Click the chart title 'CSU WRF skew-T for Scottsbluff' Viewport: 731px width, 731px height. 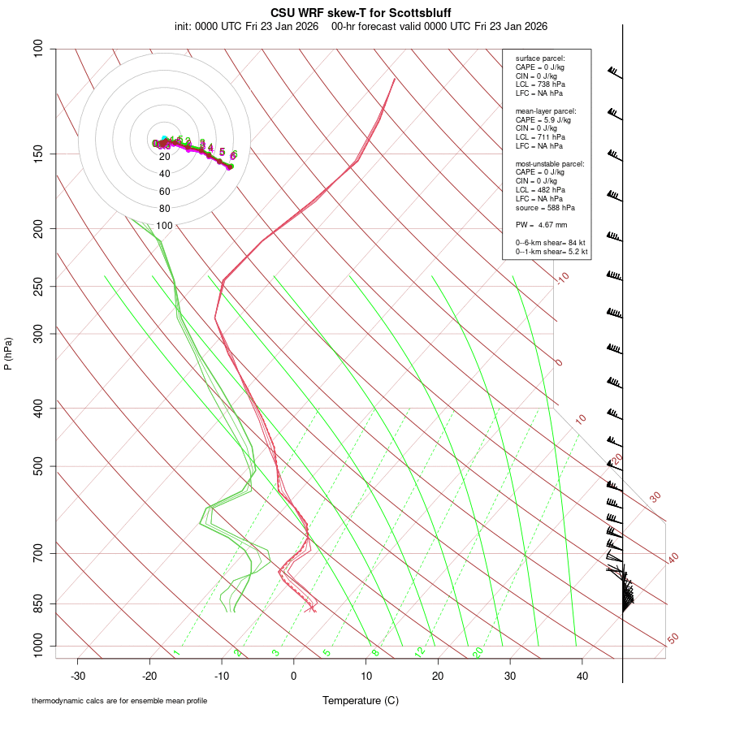[361, 13]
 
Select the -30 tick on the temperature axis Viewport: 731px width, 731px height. [78, 676]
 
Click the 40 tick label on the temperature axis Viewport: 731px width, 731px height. [582, 676]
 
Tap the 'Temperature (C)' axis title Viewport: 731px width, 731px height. [361, 701]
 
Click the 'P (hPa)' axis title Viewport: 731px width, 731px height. [8, 353]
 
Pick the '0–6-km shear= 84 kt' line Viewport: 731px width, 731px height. [551, 243]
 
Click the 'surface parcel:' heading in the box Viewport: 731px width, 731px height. [540, 58]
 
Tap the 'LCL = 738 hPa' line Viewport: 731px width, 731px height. [540, 84]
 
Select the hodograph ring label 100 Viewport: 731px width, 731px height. [165, 226]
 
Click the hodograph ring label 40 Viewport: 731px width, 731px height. [165, 174]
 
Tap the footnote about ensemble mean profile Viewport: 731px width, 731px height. [119, 701]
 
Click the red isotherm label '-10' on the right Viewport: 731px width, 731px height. [561, 279]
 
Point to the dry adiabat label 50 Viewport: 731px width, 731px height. [673, 639]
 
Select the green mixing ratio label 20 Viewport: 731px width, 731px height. [478, 652]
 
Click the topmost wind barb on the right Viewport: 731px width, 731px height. [614, 73]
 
